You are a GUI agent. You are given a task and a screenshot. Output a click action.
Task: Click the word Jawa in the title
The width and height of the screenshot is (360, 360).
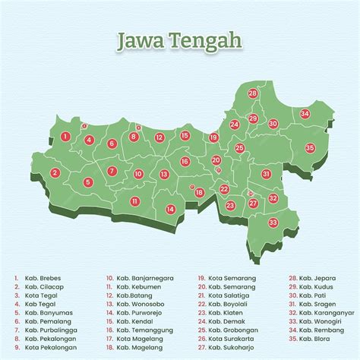coord(137,39)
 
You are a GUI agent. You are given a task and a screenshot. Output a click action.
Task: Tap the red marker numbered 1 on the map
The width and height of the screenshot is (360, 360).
coord(66,137)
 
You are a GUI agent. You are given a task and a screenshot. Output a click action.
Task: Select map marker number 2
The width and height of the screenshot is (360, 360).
coord(55,173)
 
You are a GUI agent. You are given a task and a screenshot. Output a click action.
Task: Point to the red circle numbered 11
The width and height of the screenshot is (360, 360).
coord(134,201)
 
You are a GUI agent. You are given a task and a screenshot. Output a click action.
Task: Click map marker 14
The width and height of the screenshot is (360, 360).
coord(171,209)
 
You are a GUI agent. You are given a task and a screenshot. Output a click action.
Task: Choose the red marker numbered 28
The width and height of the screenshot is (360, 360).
coord(252,93)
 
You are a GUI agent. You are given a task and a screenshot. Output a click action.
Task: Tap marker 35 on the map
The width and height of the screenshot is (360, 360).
coord(309,147)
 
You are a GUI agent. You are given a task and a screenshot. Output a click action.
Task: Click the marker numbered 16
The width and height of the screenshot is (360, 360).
coord(185,161)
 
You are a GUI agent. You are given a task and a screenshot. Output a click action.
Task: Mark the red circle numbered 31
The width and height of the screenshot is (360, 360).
coord(267,174)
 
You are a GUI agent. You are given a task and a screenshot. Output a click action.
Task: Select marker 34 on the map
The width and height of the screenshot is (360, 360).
coord(305,113)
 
